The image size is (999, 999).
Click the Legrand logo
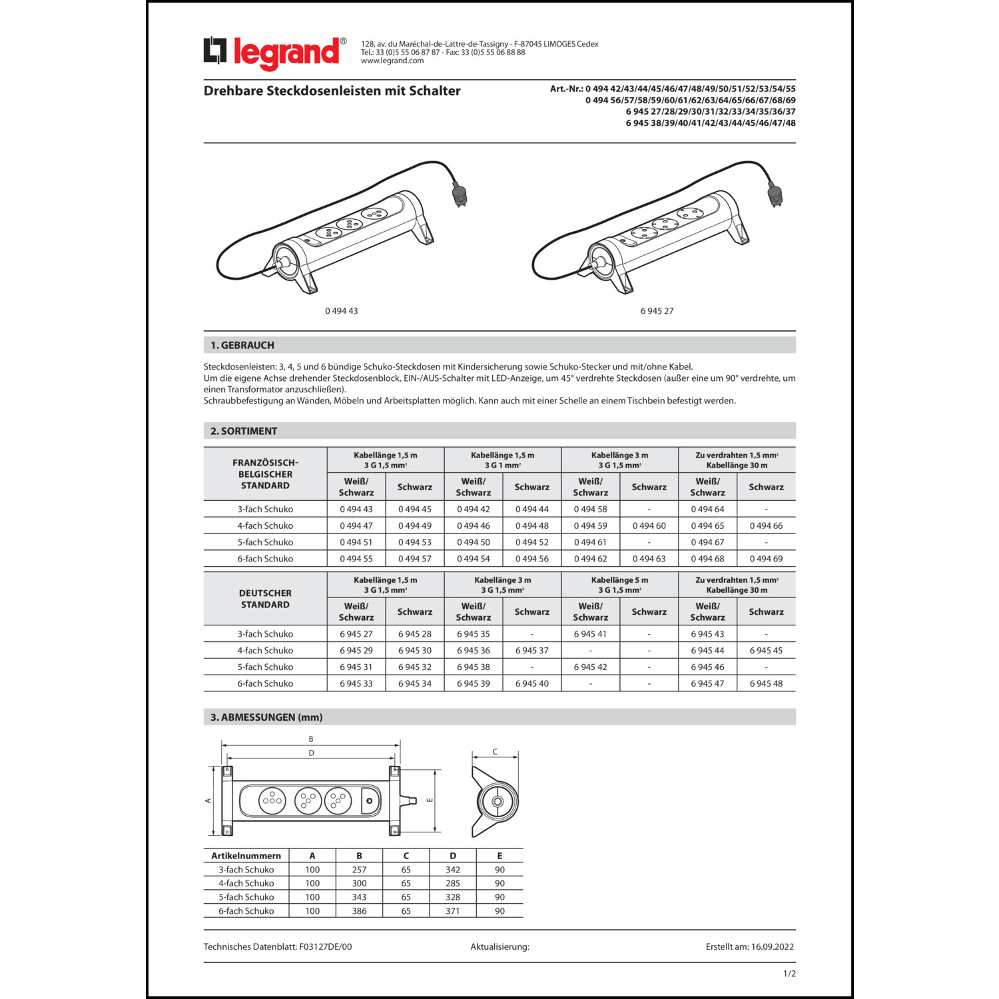point(274,53)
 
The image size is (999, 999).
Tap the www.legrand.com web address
point(392,61)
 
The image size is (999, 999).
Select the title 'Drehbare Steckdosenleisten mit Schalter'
point(332,91)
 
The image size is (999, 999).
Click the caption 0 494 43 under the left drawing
point(342,311)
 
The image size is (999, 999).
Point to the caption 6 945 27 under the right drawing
point(657,311)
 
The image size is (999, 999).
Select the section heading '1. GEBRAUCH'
point(242,345)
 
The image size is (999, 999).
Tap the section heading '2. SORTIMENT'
point(244,431)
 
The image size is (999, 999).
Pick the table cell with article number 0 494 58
point(590,509)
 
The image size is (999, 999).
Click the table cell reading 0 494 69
point(766,559)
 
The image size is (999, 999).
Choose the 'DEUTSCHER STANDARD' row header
point(265,599)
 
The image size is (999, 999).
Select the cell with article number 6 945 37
point(531,651)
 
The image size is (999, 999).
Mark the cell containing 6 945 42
point(590,667)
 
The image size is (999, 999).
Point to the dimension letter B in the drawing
point(311,739)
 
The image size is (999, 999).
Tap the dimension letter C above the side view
point(495,752)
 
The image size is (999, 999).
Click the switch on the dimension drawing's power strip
point(370,800)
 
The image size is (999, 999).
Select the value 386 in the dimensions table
point(359,911)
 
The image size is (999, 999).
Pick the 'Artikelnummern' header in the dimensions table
point(246,856)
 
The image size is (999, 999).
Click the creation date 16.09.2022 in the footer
point(773,946)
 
